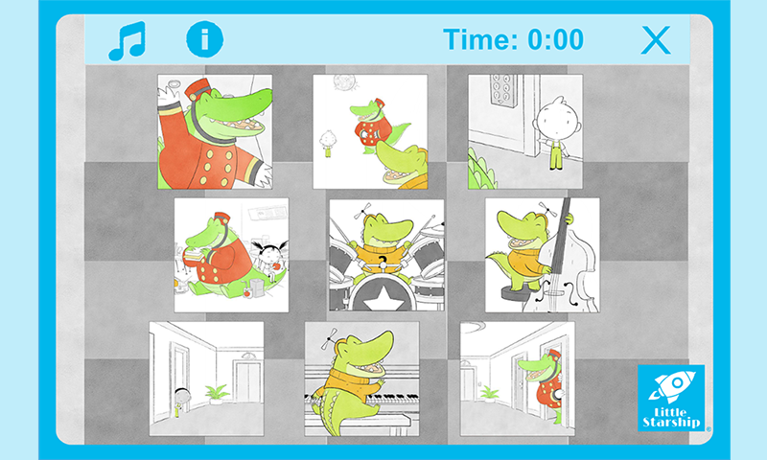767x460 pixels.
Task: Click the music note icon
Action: (x=127, y=40)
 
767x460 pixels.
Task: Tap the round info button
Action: (x=204, y=39)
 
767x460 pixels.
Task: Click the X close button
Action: (x=656, y=40)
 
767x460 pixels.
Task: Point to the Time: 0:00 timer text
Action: (x=513, y=39)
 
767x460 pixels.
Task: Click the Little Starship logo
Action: (x=671, y=398)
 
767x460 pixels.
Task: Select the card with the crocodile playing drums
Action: (x=386, y=255)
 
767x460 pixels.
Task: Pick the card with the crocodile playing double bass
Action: (x=542, y=255)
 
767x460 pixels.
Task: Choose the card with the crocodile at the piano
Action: (x=361, y=379)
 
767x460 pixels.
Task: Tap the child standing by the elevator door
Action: (x=556, y=133)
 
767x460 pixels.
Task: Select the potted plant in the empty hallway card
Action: (x=217, y=394)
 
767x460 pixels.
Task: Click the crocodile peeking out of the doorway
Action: (x=542, y=383)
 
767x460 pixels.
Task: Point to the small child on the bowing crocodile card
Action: (x=327, y=143)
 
